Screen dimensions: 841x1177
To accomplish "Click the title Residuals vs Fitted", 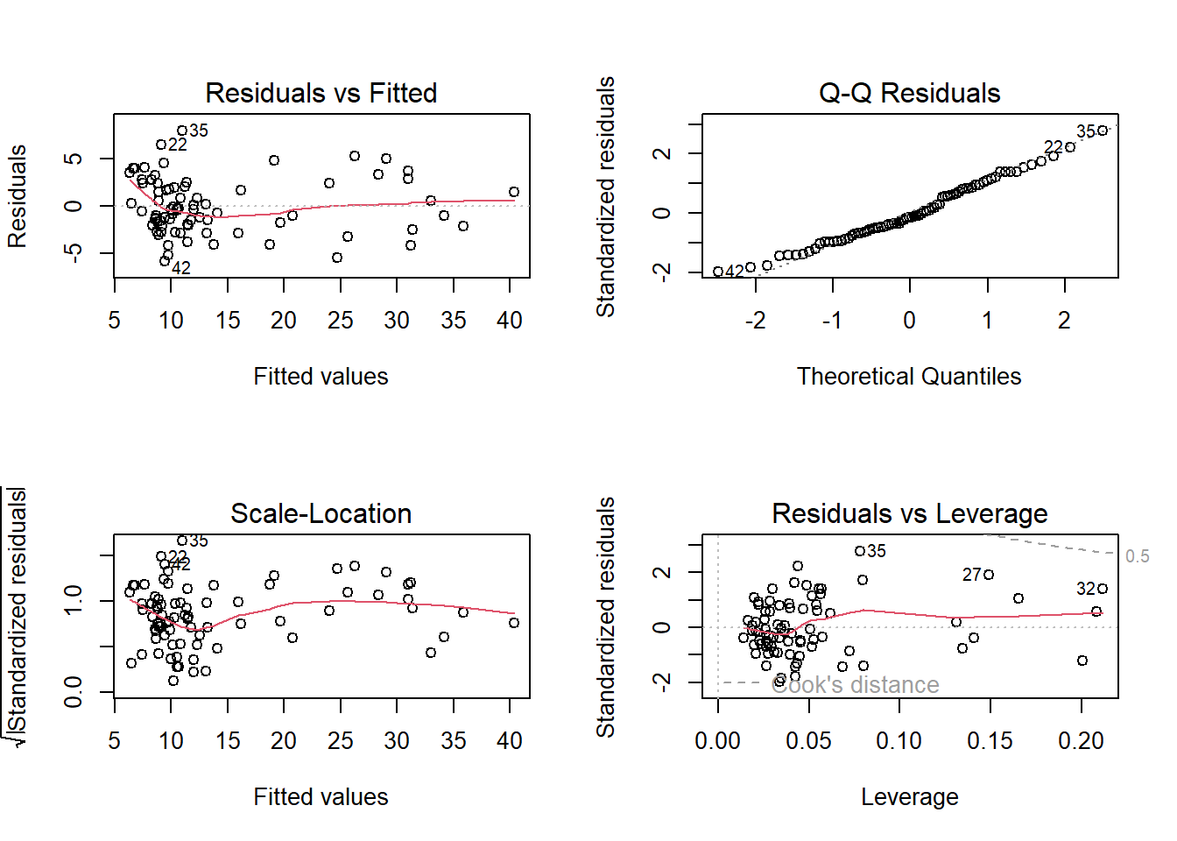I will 321,93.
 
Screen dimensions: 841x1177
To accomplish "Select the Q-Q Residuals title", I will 909,93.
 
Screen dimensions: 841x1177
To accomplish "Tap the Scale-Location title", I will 321,513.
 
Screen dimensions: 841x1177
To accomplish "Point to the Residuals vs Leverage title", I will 909,513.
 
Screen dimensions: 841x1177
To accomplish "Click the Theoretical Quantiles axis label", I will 909,377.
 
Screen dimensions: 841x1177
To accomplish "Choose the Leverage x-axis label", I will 909,797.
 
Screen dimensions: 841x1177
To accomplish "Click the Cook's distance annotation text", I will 855,685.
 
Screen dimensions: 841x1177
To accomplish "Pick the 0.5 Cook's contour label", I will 1137,556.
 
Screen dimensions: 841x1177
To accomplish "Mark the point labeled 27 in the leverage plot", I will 989,575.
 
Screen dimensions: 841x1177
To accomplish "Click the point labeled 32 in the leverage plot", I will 1103,589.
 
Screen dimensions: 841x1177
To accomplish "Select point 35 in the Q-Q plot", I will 1103,131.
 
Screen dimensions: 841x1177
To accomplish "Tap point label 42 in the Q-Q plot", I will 735,272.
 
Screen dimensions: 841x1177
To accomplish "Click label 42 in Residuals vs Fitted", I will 181,268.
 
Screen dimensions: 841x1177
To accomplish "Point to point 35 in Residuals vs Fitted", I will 182,131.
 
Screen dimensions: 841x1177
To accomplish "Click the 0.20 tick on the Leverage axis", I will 1081,741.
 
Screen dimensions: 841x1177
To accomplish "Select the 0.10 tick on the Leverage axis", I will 899,741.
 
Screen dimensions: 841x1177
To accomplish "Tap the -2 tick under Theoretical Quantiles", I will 755,321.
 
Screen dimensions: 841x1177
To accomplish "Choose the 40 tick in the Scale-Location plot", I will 510,741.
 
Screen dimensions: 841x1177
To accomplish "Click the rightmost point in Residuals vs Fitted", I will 514,192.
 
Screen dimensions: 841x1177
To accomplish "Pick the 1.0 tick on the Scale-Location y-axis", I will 74,601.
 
